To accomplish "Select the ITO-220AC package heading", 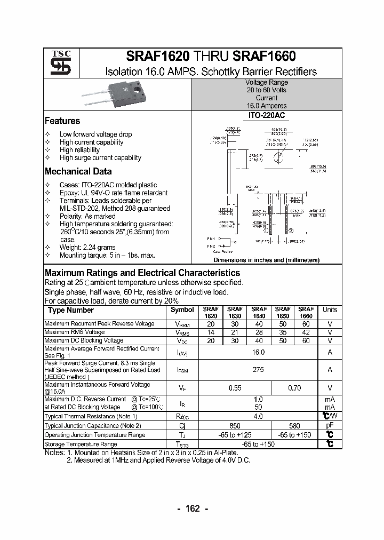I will (x=266, y=115).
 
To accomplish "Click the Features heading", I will (x=62, y=121).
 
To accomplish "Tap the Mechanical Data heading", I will (x=78, y=172).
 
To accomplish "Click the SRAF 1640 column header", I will (x=259, y=312).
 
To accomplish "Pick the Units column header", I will (x=330, y=309).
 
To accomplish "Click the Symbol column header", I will (x=182, y=310).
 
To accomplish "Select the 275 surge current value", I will (x=258, y=369).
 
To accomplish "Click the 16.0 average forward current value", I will (x=258, y=352).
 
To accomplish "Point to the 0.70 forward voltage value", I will (x=294, y=388).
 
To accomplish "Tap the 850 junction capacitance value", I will (x=235, y=426).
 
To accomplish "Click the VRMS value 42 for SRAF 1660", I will (x=306, y=332).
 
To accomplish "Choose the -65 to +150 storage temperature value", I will (x=258, y=444).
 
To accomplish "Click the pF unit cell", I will (x=330, y=426).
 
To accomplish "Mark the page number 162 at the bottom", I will (x=192, y=509).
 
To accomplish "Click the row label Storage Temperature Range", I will (x=81, y=444).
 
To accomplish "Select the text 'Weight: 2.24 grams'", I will (x=87, y=248).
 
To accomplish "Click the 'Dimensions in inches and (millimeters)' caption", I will (x=266, y=260).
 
